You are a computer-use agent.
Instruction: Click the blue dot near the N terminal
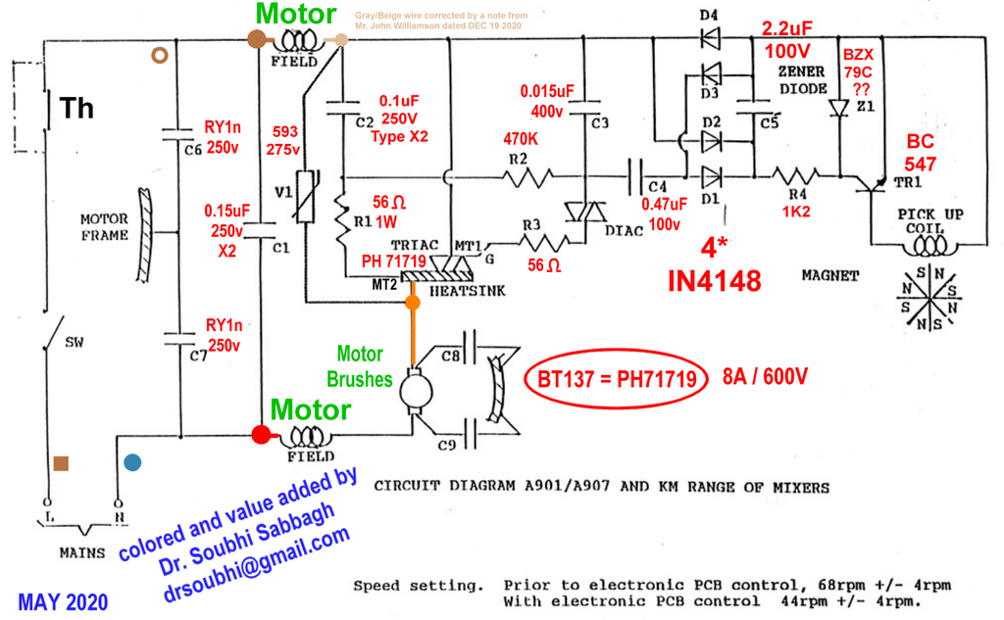point(133,461)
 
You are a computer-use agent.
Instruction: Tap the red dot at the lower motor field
point(261,435)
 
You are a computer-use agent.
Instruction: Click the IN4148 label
point(714,282)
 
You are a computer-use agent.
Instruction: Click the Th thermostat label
point(76,108)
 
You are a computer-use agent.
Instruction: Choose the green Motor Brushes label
point(360,366)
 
